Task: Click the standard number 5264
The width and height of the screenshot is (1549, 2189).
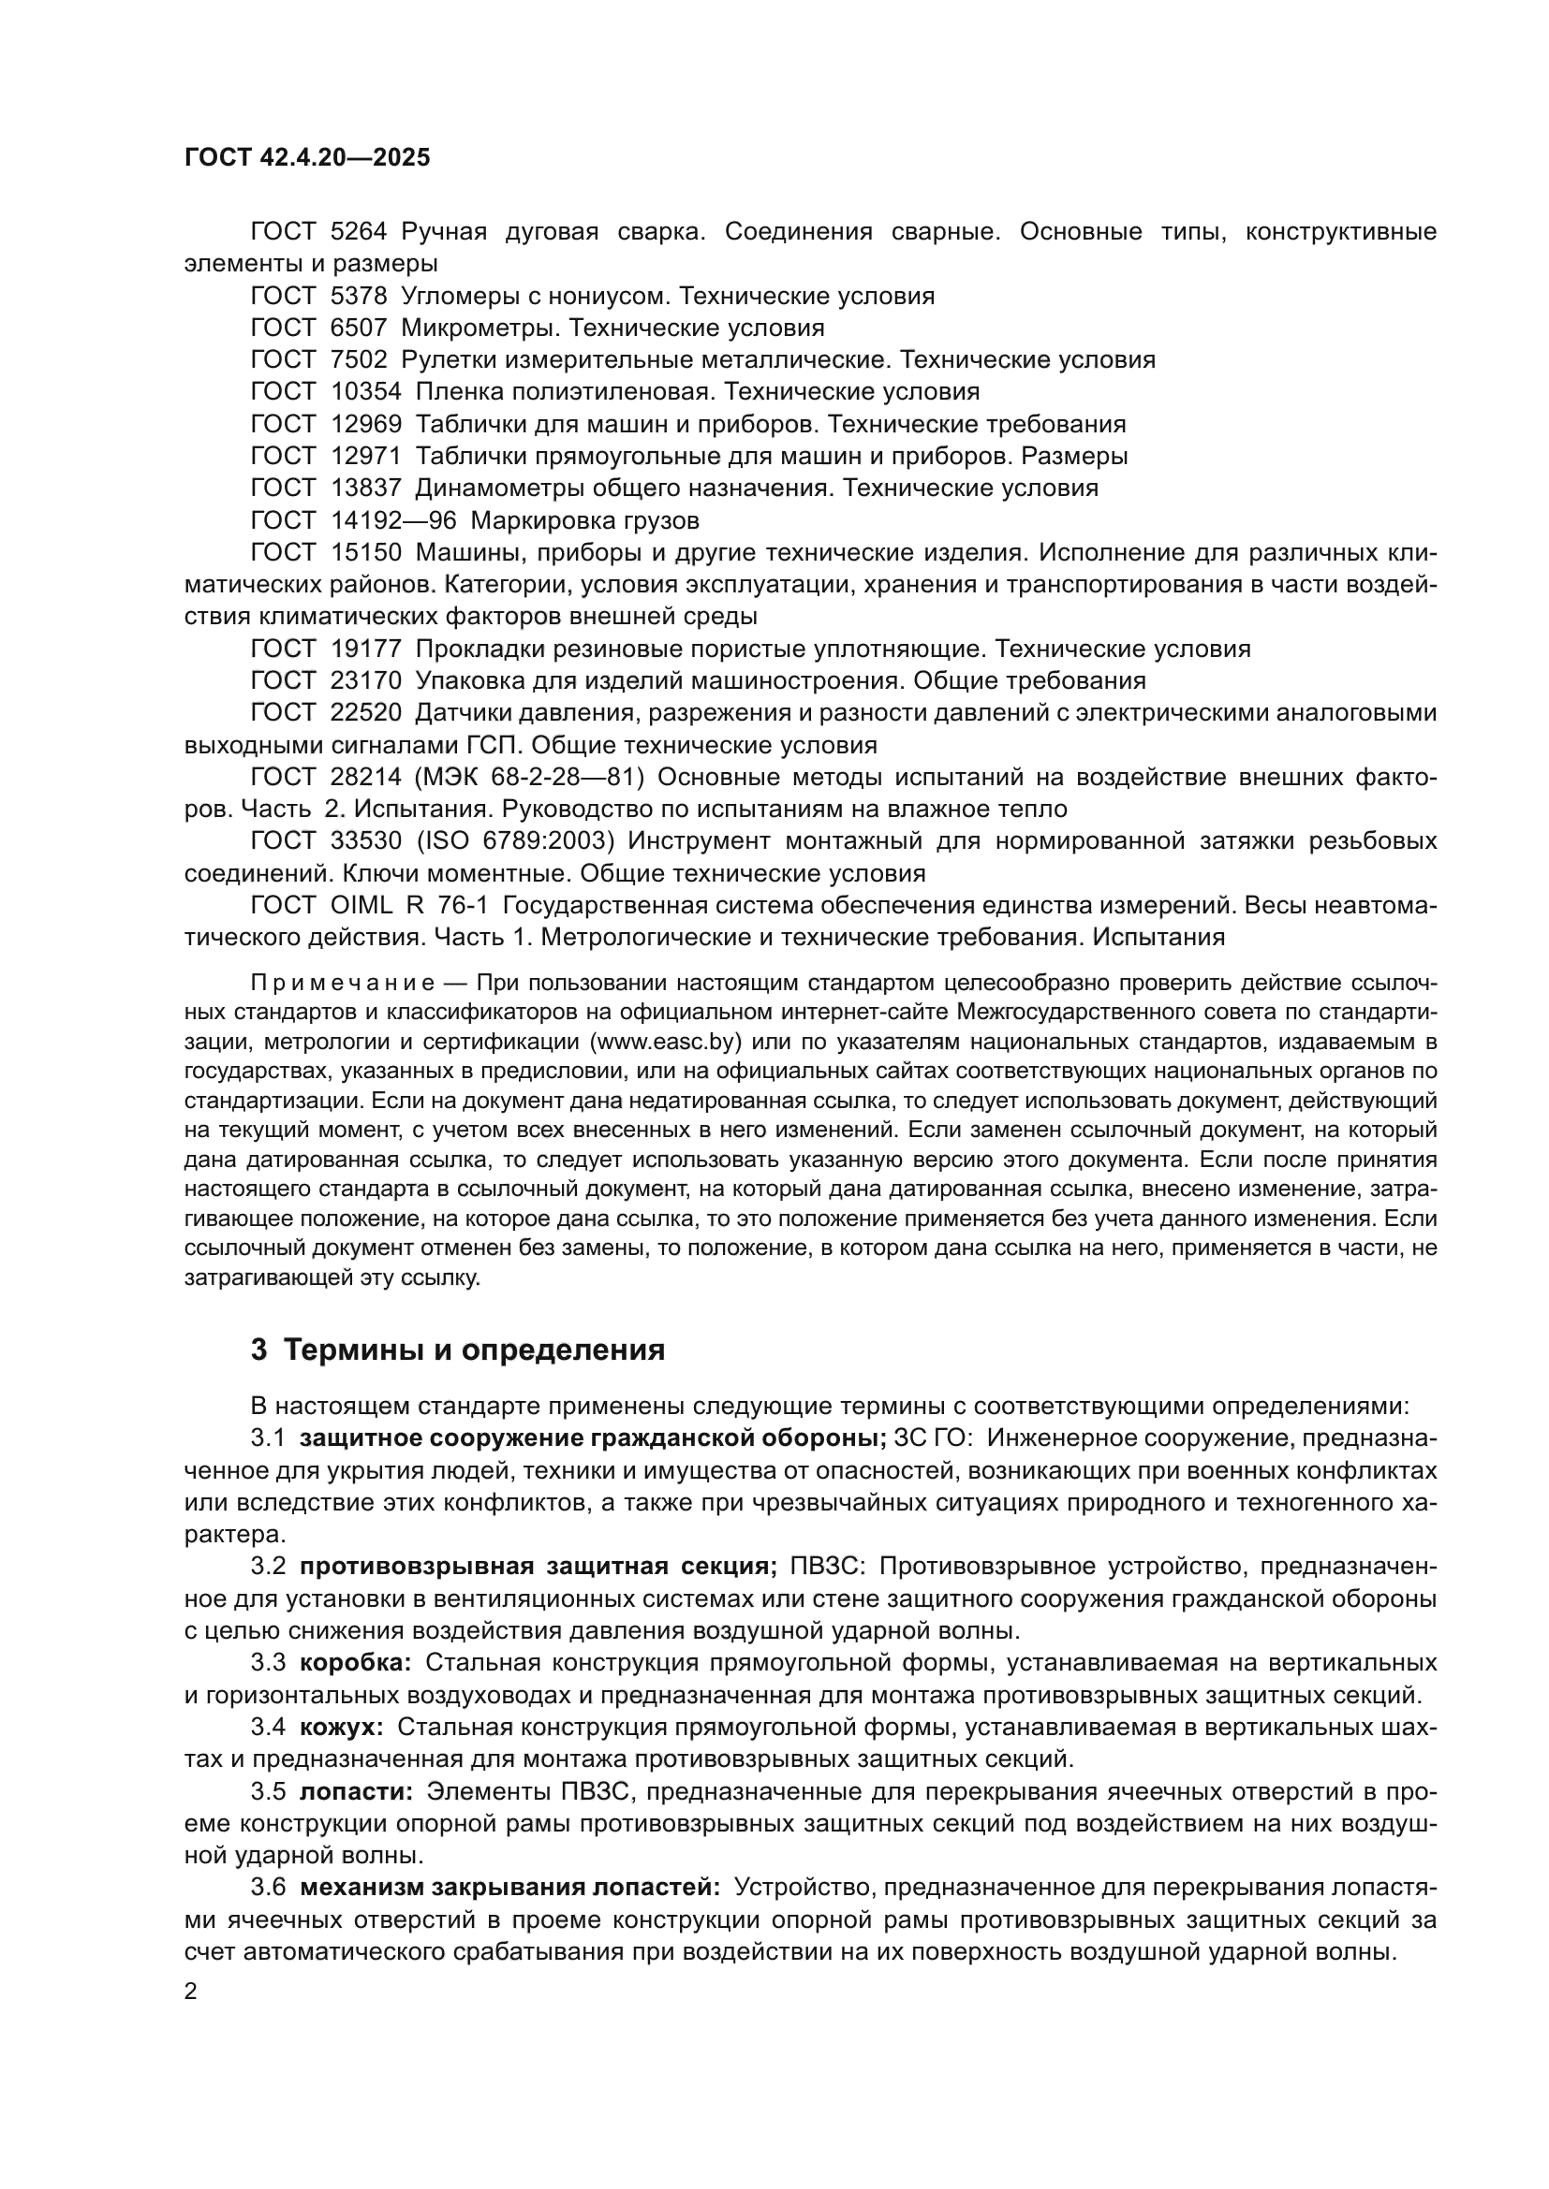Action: pyautogui.click(x=359, y=232)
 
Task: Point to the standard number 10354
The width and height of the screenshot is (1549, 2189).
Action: pyautogui.click(x=366, y=392)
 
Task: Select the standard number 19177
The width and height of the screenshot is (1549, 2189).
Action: pyautogui.click(x=366, y=649)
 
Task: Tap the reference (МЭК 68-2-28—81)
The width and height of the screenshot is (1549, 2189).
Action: pyautogui.click(x=529, y=778)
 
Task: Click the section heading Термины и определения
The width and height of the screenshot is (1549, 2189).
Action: pyautogui.click(x=474, y=1350)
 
